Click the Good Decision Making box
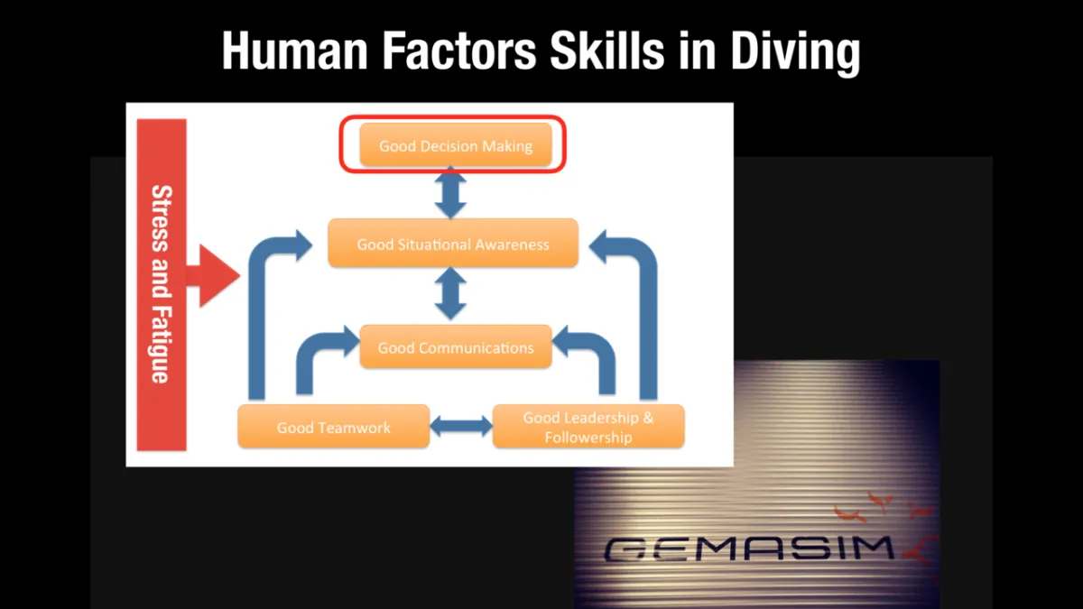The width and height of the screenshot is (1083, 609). pyautogui.click(x=456, y=145)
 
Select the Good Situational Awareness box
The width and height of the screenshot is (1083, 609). pyautogui.click(x=453, y=243)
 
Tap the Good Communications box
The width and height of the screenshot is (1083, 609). pyautogui.click(x=456, y=346)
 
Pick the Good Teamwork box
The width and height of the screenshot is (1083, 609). pyautogui.click(x=334, y=426)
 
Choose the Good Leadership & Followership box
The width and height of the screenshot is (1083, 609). pyautogui.click(x=588, y=426)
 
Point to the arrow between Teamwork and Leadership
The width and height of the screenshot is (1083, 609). pyautogui.click(x=461, y=426)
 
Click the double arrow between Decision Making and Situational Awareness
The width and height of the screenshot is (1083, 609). pyautogui.click(x=450, y=193)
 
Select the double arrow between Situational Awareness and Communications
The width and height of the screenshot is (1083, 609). pyautogui.click(x=450, y=294)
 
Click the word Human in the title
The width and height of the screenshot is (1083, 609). pyautogui.click(x=295, y=51)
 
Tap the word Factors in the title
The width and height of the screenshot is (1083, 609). pyautogui.click(x=458, y=51)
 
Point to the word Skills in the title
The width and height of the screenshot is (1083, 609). pyautogui.click(x=607, y=51)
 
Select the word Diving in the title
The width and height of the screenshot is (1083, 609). pyautogui.click(x=795, y=53)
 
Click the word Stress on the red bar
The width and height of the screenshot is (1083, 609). pyautogui.click(x=162, y=218)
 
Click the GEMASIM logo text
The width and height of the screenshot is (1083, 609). pyautogui.click(x=748, y=549)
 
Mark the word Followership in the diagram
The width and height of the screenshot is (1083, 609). pyautogui.click(x=588, y=438)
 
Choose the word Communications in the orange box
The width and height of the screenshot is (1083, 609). pyautogui.click(x=477, y=348)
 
